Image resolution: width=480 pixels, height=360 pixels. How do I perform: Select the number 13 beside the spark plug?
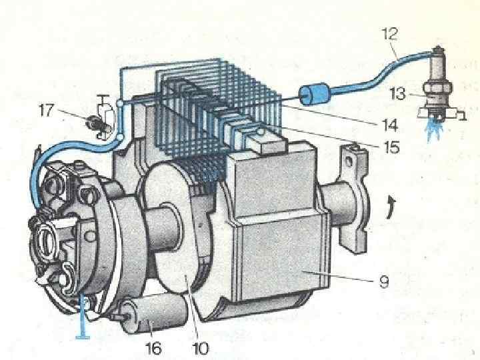(399, 95)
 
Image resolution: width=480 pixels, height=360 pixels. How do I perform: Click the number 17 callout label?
(46, 109)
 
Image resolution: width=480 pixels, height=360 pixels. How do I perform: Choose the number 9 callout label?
(383, 283)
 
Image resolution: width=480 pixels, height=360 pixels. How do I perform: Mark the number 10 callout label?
(199, 347)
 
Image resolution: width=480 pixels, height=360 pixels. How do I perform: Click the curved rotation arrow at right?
(389, 207)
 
